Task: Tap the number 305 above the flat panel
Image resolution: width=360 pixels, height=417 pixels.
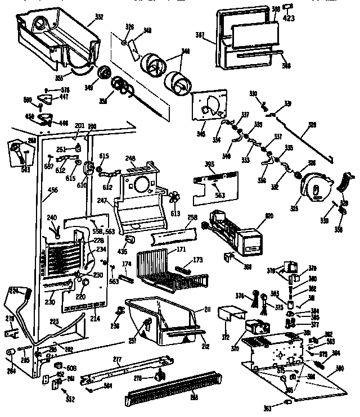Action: (209, 165)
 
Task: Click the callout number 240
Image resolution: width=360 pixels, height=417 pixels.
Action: (52, 217)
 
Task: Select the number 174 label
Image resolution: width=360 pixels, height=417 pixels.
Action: (127, 264)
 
